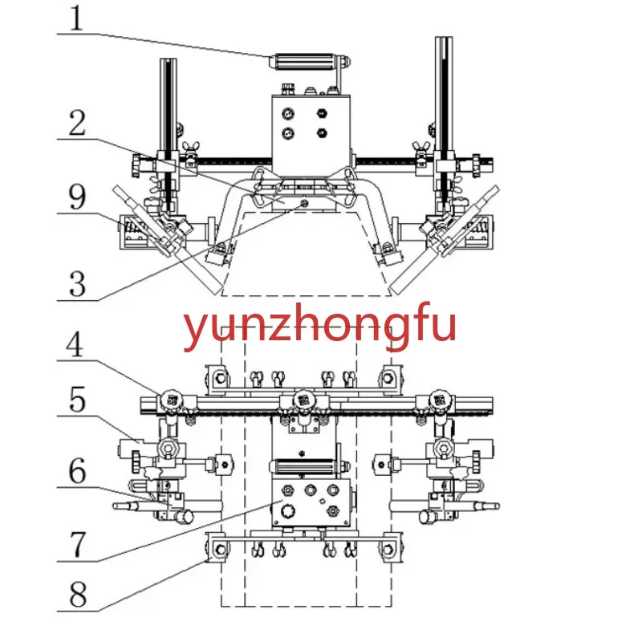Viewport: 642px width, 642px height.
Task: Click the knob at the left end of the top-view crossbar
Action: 134,167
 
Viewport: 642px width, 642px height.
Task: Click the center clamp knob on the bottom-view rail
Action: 303,399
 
